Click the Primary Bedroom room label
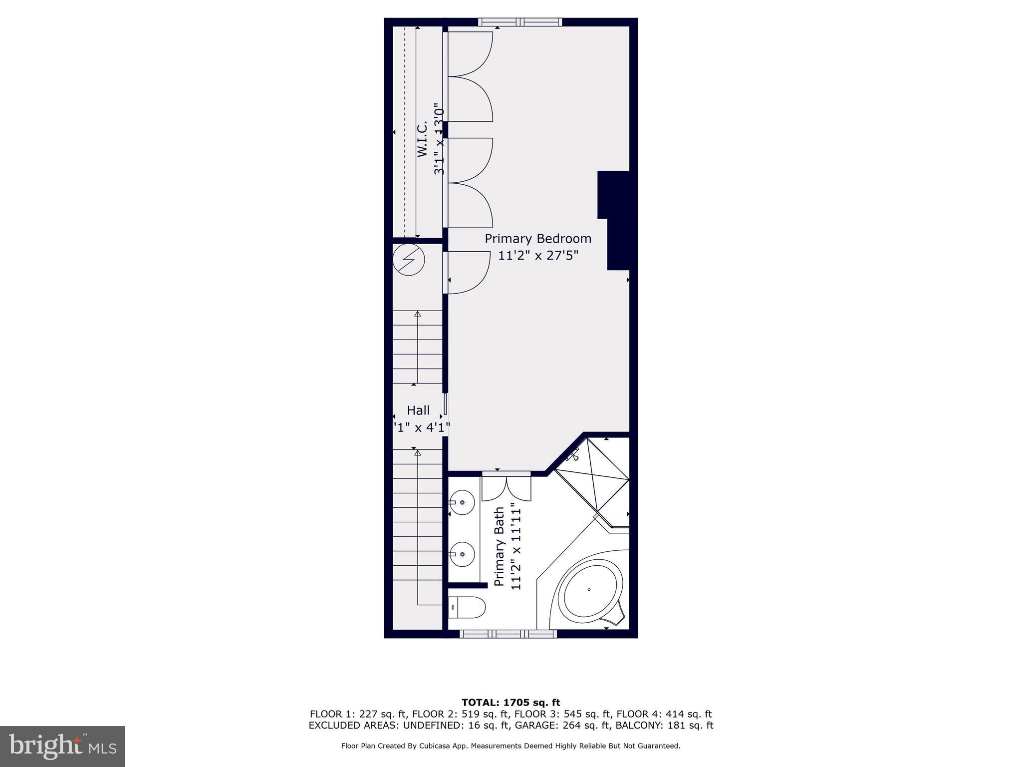pos(538,239)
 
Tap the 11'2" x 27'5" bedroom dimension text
pos(538,256)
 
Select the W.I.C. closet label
pos(422,139)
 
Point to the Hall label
pos(418,410)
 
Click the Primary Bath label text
pos(499,547)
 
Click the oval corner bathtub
pos(590,590)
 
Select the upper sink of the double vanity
pos(462,502)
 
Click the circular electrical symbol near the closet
pos(409,260)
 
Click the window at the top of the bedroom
pos(520,22)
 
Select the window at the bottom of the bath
pos(508,634)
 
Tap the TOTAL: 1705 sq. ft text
pos(511,703)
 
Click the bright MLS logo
pos(62,747)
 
